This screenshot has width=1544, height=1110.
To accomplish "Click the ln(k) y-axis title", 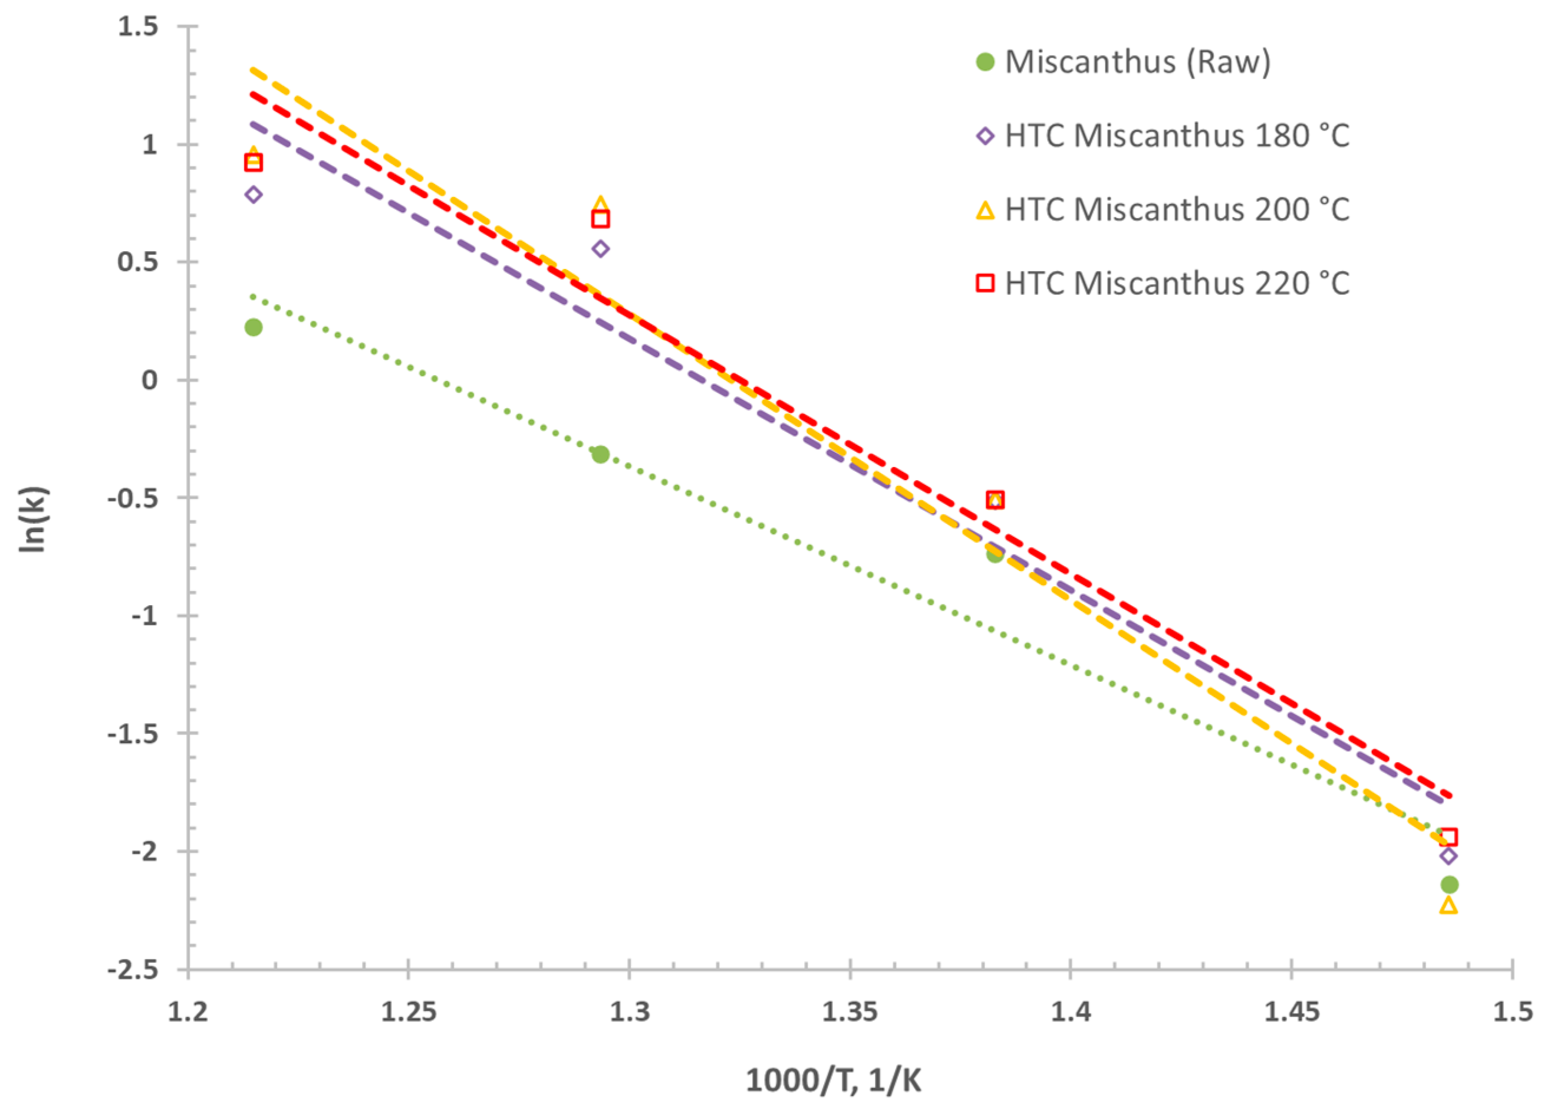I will [x=32, y=519].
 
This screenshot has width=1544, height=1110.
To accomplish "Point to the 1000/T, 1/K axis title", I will [x=833, y=1080].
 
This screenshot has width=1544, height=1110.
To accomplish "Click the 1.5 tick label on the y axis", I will [x=137, y=27].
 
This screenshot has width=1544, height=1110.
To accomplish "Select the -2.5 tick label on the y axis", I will [x=132, y=969].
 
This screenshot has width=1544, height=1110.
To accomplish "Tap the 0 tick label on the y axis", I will [x=150, y=380].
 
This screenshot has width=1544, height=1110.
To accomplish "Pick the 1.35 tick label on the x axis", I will [x=850, y=1012].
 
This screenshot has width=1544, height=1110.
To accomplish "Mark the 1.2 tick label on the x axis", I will [x=188, y=1012].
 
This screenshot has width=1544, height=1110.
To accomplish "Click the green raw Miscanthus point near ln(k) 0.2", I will [x=254, y=327].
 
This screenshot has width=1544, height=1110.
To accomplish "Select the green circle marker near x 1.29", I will [x=600, y=454].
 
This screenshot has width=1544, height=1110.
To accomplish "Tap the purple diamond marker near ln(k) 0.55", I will [x=600, y=249].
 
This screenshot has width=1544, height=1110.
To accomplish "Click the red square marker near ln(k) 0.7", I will [x=600, y=219].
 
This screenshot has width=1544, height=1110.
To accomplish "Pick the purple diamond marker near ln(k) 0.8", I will [x=254, y=195].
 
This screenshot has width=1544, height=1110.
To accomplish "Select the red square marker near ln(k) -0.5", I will [x=995, y=500].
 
